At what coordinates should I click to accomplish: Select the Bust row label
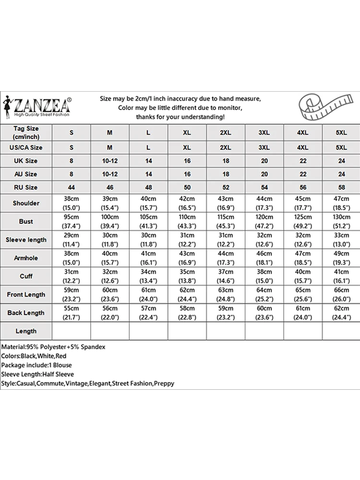(26, 221)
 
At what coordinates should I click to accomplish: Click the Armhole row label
(26, 258)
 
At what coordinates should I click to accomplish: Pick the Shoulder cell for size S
(71, 203)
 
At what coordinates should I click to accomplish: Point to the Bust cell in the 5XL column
(341, 221)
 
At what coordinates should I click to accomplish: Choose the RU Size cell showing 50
(187, 187)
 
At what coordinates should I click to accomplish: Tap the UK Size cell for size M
(110, 161)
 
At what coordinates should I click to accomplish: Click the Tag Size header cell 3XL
(264, 132)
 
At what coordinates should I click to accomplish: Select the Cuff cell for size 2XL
(226, 276)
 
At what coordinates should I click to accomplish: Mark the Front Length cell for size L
(148, 294)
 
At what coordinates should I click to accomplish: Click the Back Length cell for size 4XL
(302, 312)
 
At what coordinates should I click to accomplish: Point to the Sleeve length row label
(26, 240)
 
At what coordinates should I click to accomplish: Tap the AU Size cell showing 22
(302, 174)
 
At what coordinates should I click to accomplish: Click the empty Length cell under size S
(71, 331)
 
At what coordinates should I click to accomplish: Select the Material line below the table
(53, 347)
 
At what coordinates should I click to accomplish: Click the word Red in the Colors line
(61, 356)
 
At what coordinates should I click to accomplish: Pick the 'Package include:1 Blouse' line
(36, 365)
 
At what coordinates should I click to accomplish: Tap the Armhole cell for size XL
(187, 258)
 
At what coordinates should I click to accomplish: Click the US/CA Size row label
(26, 147)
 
